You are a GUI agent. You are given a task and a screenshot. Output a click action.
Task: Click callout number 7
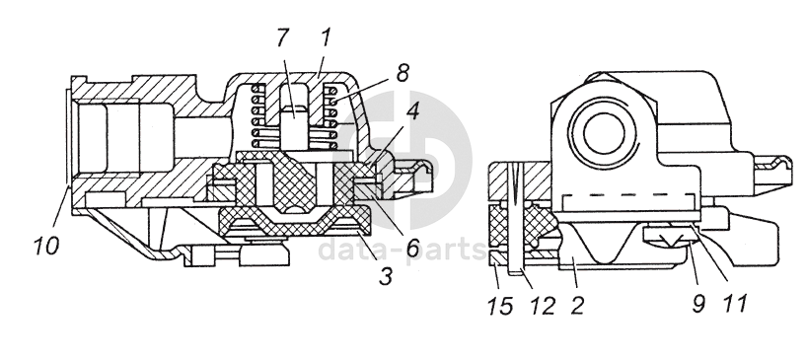(x=283, y=38)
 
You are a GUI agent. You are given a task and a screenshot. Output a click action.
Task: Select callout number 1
(x=325, y=38)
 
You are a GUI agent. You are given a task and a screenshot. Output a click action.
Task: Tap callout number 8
(x=402, y=72)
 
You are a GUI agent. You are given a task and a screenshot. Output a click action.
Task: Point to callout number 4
(x=412, y=112)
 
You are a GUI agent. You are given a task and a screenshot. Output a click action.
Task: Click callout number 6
(x=412, y=248)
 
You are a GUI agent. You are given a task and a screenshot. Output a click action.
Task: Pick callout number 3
(x=386, y=276)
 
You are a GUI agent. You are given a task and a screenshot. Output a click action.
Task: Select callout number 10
(x=46, y=246)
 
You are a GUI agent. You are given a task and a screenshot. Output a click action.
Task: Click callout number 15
(x=499, y=306)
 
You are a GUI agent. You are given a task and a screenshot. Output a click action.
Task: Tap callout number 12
(x=542, y=306)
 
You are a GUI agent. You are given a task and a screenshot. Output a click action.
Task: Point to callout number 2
(x=577, y=306)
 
